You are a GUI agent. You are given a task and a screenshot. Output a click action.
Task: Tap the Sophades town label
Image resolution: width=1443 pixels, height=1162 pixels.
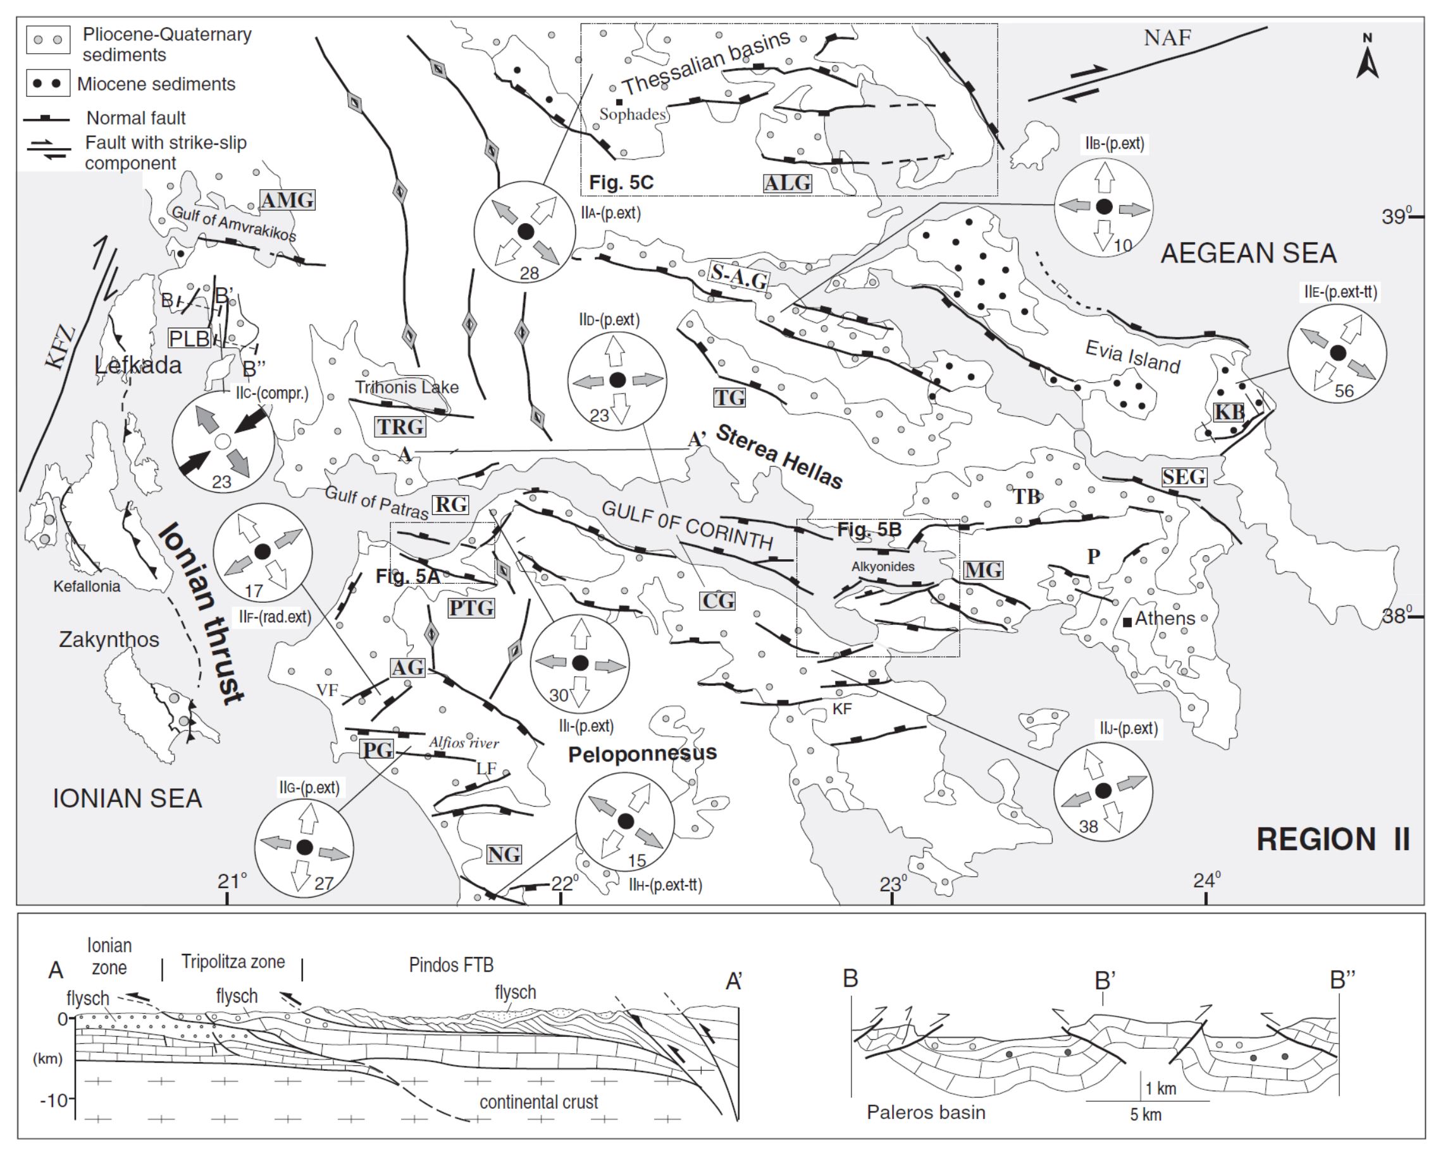(633, 114)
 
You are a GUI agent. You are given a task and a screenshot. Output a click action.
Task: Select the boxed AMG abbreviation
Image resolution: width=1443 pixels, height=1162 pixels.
(287, 199)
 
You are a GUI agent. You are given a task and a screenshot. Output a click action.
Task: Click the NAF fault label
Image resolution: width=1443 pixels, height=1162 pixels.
(1167, 37)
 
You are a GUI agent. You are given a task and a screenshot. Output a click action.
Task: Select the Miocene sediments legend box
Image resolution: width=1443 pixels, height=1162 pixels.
(48, 83)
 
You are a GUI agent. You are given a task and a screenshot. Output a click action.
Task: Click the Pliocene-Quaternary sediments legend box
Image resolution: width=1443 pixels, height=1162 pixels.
(48, 40)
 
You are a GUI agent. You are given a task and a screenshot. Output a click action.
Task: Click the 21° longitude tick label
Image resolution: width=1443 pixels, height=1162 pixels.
(232, 881)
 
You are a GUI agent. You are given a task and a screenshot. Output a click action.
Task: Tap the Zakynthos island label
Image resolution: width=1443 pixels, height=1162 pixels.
(109, 640)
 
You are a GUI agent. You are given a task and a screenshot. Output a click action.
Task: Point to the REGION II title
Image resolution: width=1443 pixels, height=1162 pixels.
(1332, 839)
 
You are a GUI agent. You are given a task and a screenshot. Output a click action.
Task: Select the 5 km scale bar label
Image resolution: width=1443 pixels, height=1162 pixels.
(1145, 1115)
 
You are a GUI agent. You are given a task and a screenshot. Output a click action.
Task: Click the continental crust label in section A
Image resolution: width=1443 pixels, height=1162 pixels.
(539, 1102)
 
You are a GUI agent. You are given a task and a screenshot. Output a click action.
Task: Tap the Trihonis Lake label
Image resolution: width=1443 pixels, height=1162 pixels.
(407, 387)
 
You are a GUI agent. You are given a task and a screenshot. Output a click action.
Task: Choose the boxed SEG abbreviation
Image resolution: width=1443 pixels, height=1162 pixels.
(1184, 476)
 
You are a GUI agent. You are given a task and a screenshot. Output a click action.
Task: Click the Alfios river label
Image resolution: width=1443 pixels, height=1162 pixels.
(464, 743)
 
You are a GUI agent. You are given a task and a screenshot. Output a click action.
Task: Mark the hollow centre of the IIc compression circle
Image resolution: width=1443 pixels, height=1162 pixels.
(223, 442)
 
